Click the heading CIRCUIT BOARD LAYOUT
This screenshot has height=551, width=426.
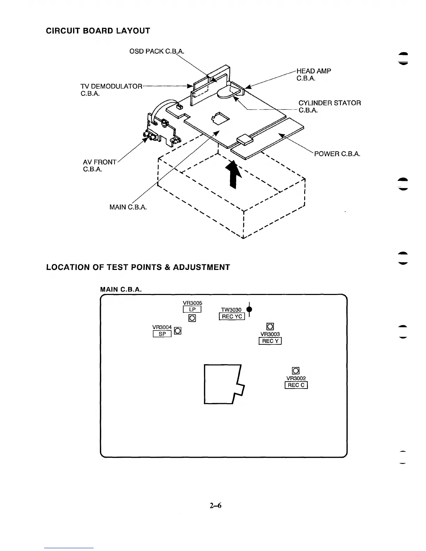pos(98,31)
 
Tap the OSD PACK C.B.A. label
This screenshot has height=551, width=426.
pos(156,51)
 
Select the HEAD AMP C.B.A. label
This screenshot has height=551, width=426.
pos(314,74)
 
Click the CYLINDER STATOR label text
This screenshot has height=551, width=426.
pos(329,103)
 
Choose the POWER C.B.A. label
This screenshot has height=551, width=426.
pos(337,154)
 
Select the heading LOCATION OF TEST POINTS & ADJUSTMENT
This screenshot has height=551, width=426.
pos(138,267)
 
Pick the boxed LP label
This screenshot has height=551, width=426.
pos(192,310)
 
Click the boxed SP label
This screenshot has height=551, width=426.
pos(162,334)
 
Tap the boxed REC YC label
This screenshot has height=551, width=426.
pos(232,316)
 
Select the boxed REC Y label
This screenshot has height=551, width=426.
pos(270,341)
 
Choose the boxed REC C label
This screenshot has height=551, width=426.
pos(296,385)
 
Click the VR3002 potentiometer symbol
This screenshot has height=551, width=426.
pos(296,371)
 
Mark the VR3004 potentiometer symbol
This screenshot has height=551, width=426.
pos(177,331)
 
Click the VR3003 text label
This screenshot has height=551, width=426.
pos(270,334)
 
